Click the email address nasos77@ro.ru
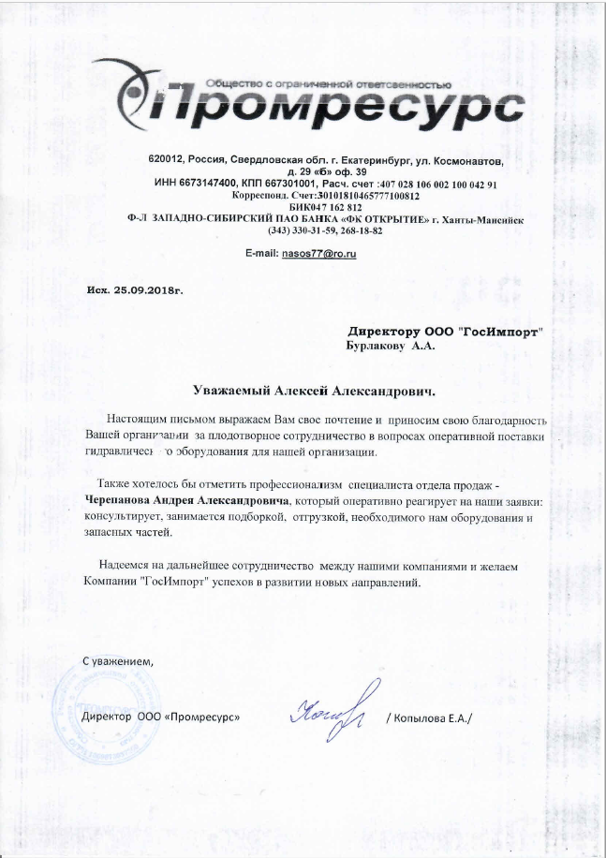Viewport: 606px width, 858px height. [314, 255]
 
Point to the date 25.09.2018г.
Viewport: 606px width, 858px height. [148, 290]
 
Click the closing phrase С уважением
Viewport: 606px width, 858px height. [116, 663]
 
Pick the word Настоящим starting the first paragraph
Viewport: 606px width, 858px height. [139, 419]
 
